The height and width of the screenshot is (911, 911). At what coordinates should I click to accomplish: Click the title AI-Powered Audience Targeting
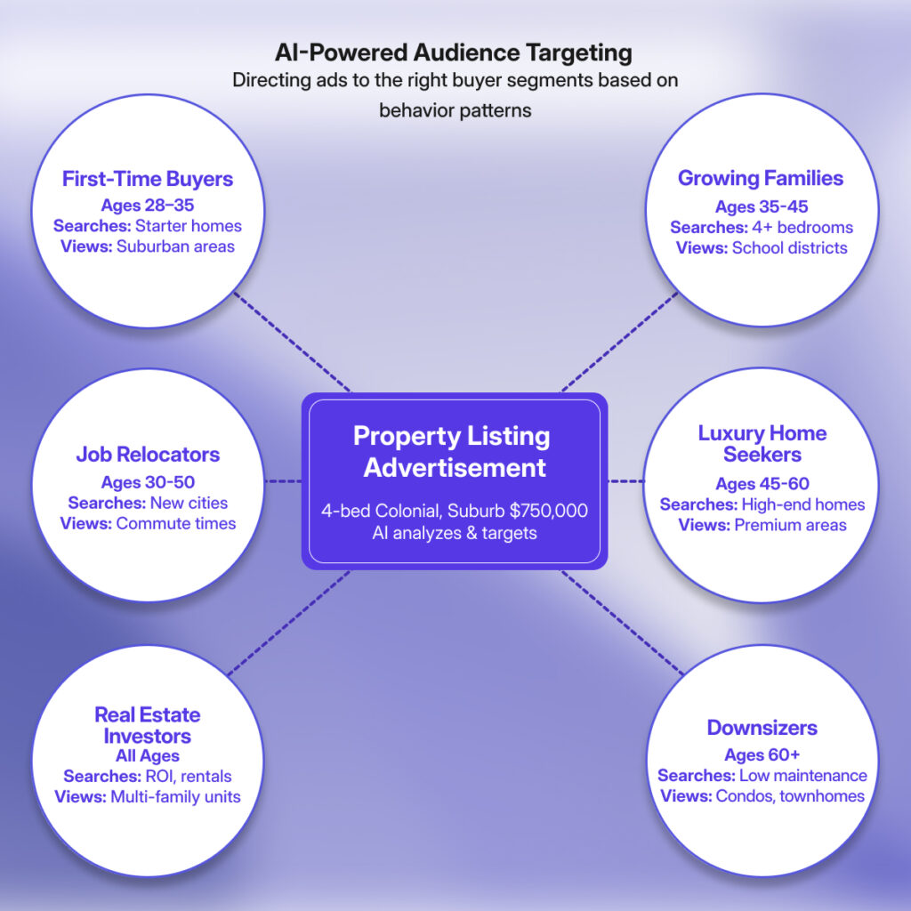pyautogui.click(x=455, y=52)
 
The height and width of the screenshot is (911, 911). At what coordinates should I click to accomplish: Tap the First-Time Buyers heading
pyautogui.click(x=148, y=179)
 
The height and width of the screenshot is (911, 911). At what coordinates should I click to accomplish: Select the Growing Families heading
pyautogui.click(x=761, y=178)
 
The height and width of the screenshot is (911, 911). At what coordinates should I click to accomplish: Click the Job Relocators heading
pyautogui.click(x=148, y=455)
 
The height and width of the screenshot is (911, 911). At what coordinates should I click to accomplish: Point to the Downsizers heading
pyautogui.click(x=762, y=728)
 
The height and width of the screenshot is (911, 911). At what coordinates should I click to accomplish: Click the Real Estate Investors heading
pyautogui.click(x=148, y=725)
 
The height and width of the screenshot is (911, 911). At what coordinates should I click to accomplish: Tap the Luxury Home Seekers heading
pyautogui.click(x=762, y=444)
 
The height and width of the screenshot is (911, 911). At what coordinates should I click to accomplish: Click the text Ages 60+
pyautogui.click(x=762, y=755)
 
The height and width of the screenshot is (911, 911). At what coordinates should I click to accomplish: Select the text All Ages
pyautogui.click(x=148, y=756)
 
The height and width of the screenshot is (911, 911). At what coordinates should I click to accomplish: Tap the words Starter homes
pyautogui.click(x=189, y=226)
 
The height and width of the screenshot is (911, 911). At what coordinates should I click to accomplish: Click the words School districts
pyautogui.click(x=790, y=247)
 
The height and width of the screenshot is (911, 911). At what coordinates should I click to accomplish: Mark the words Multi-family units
pyautogui.click(x=175, y=796)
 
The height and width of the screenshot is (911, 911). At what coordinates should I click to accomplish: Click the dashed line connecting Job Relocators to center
pyautogui.click(x=284, y=481)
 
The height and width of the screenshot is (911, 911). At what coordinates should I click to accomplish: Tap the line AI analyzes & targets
pyautogui.click(x=455, y=532)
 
